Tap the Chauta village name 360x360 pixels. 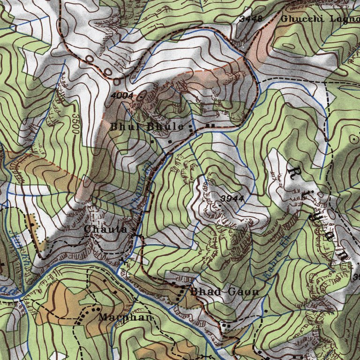tap(105, 229)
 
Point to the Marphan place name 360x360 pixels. tap(126, 317)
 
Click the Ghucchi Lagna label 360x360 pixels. tap(319, 19)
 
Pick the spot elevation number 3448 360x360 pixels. tap(250, 19)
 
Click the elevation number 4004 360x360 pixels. tap(123, 96)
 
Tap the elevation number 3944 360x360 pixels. tap(232, 198)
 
